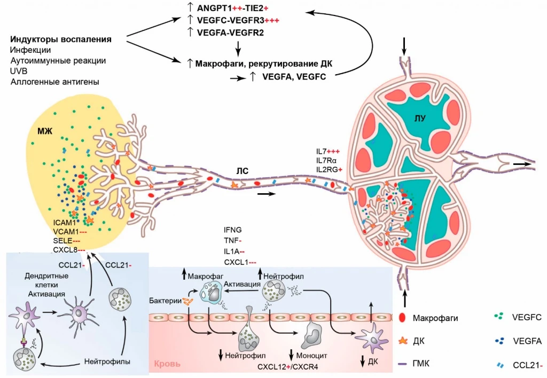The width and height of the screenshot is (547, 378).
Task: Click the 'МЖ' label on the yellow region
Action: [x=44, y=130]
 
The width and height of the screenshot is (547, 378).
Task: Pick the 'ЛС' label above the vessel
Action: [x=243, y=171]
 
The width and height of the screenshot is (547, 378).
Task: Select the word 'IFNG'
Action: [x=233, y=230]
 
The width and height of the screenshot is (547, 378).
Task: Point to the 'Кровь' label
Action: [x=167, y=365]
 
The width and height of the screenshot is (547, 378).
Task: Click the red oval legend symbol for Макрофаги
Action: [x=403, y=318]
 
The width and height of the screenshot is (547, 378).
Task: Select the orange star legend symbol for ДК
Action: [x=403, y=341]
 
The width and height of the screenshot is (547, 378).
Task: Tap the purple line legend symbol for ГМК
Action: [x=404, y=364]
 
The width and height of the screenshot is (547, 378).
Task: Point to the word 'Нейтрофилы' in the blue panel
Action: [x=107, y=361]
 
